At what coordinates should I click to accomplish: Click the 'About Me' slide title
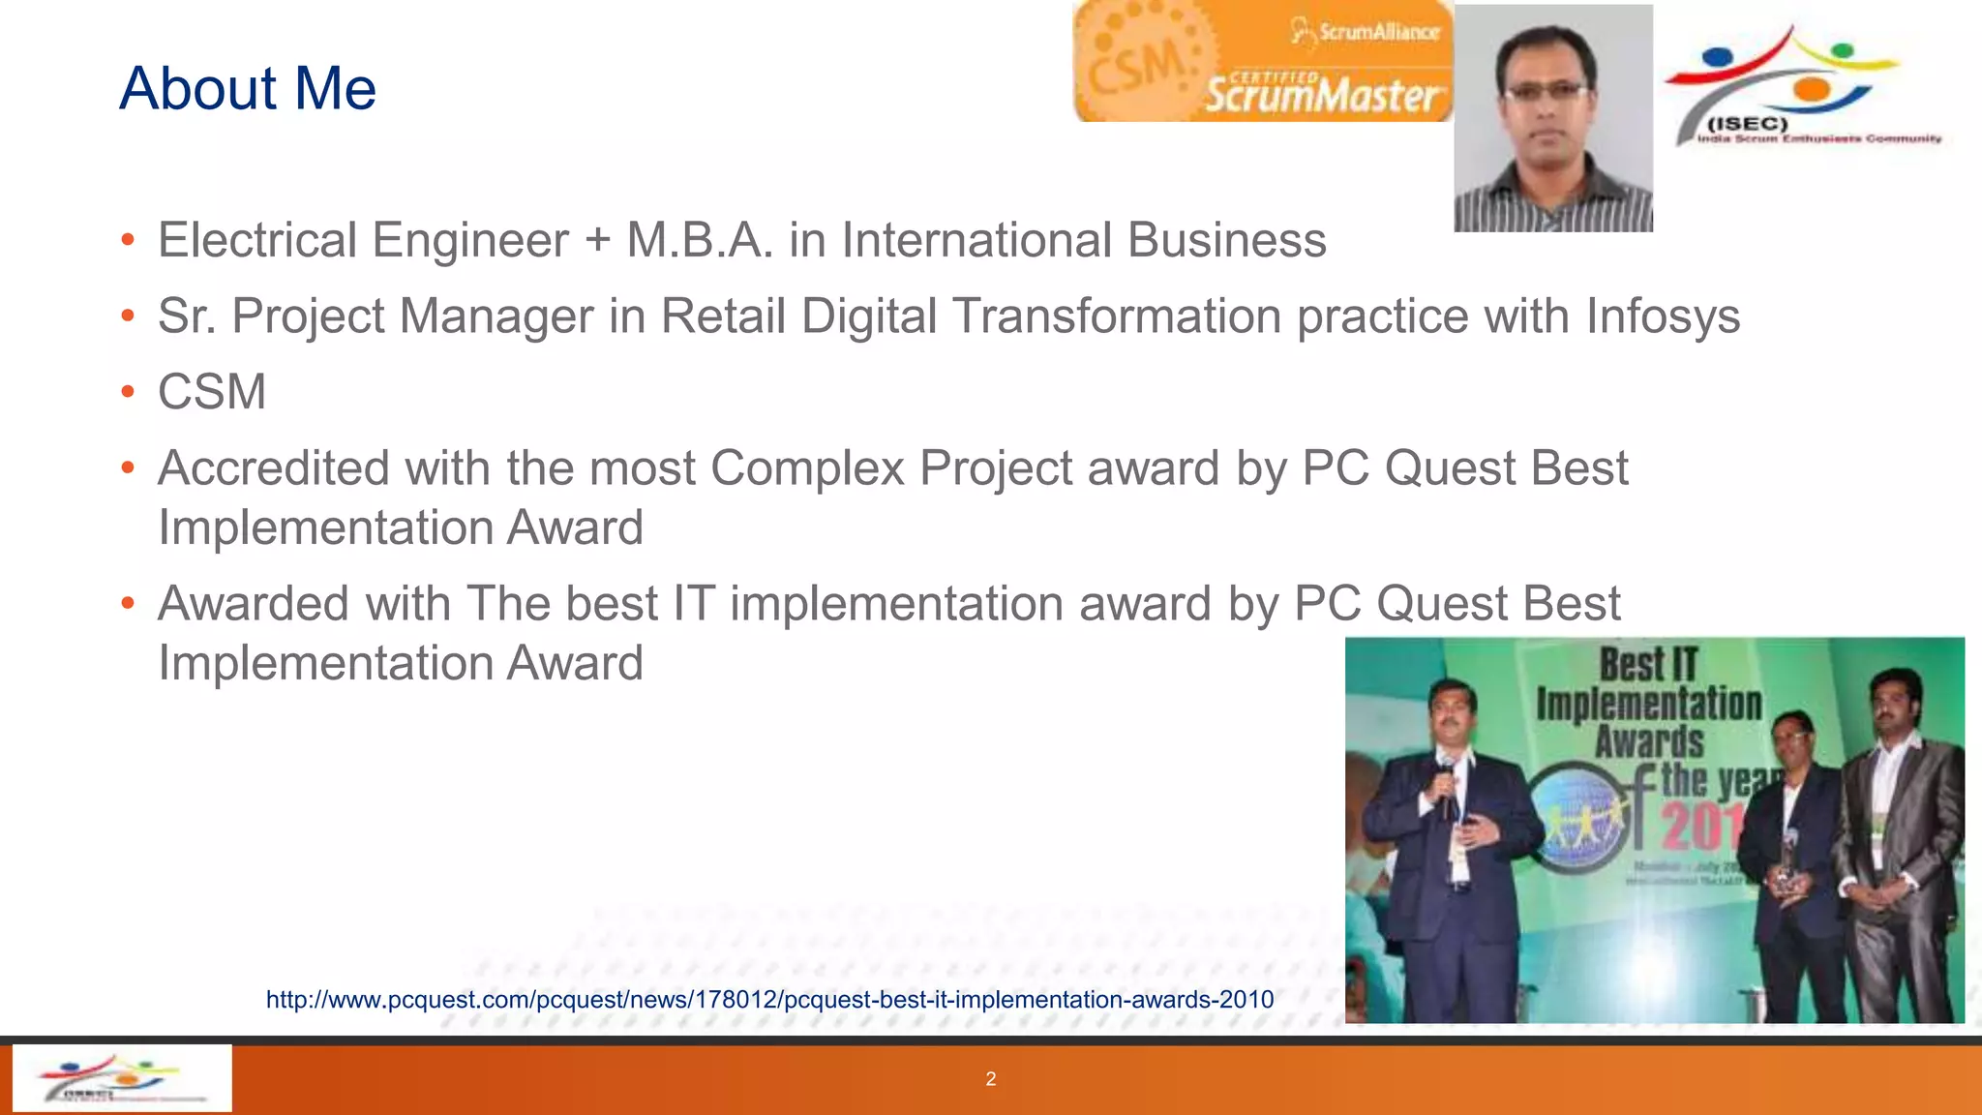click(x=248, y=88)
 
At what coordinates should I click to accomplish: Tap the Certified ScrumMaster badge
click(x=1262, y=62)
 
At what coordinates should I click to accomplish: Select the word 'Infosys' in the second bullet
click(x=1663, y=316)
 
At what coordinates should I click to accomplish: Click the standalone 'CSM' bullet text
click(x=212, y=392)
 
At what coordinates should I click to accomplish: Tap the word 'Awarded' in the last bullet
click(x=254, y=604)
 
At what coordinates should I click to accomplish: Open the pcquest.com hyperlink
click(x=769, y=1000)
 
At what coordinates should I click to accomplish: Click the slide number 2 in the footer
click(x=990, y=1079)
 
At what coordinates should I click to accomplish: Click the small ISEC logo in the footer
click(x=121, y=1078)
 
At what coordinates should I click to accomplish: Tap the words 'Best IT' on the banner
click(x=1648, y=665)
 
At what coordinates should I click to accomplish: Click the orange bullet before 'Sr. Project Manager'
click(x=128, y=316)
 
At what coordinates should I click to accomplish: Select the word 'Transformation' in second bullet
click(x=1116, y=316)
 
